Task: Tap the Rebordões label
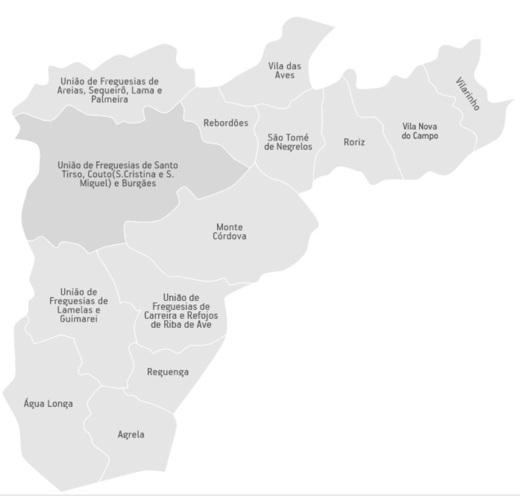(x=225, y=123)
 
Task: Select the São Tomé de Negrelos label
(x=288, y=142)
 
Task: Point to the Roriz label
(x=354, y=142)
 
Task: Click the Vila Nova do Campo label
(x=420, y=131)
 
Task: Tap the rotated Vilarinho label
(x=468, y=94)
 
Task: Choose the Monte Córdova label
(x=230, y=231)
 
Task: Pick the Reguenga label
(x=168, y=372)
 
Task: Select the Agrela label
(x=131, y=435)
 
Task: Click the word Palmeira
(x=110, y=100)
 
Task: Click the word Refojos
(x=203, y=315)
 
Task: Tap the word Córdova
(x=230, y=236)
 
